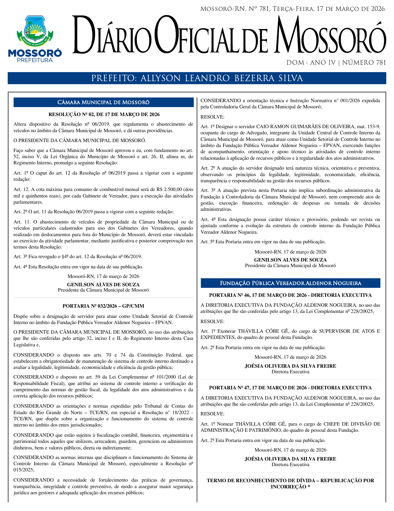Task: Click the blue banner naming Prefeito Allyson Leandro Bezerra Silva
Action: [x=197, y=78]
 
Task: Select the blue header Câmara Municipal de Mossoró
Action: [x=104, y=102]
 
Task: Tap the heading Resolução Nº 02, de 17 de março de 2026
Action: [x=104, y=115]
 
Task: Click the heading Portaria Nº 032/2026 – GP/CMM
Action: [x=103, y=306]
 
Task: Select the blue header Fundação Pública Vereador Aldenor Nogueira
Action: [x=290, y=283]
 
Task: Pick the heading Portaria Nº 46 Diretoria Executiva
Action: [x=290, y=295]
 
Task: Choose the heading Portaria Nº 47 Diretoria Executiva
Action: [x=290, y=388]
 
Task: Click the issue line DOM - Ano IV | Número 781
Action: [x=336, y=63]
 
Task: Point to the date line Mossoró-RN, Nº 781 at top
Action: [x=293, y=9]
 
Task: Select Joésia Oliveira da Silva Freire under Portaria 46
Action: [x=290, y=366]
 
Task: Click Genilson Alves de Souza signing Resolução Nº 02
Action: [x=103, y=285]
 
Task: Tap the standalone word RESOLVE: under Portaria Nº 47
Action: [x=213, y=414]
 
